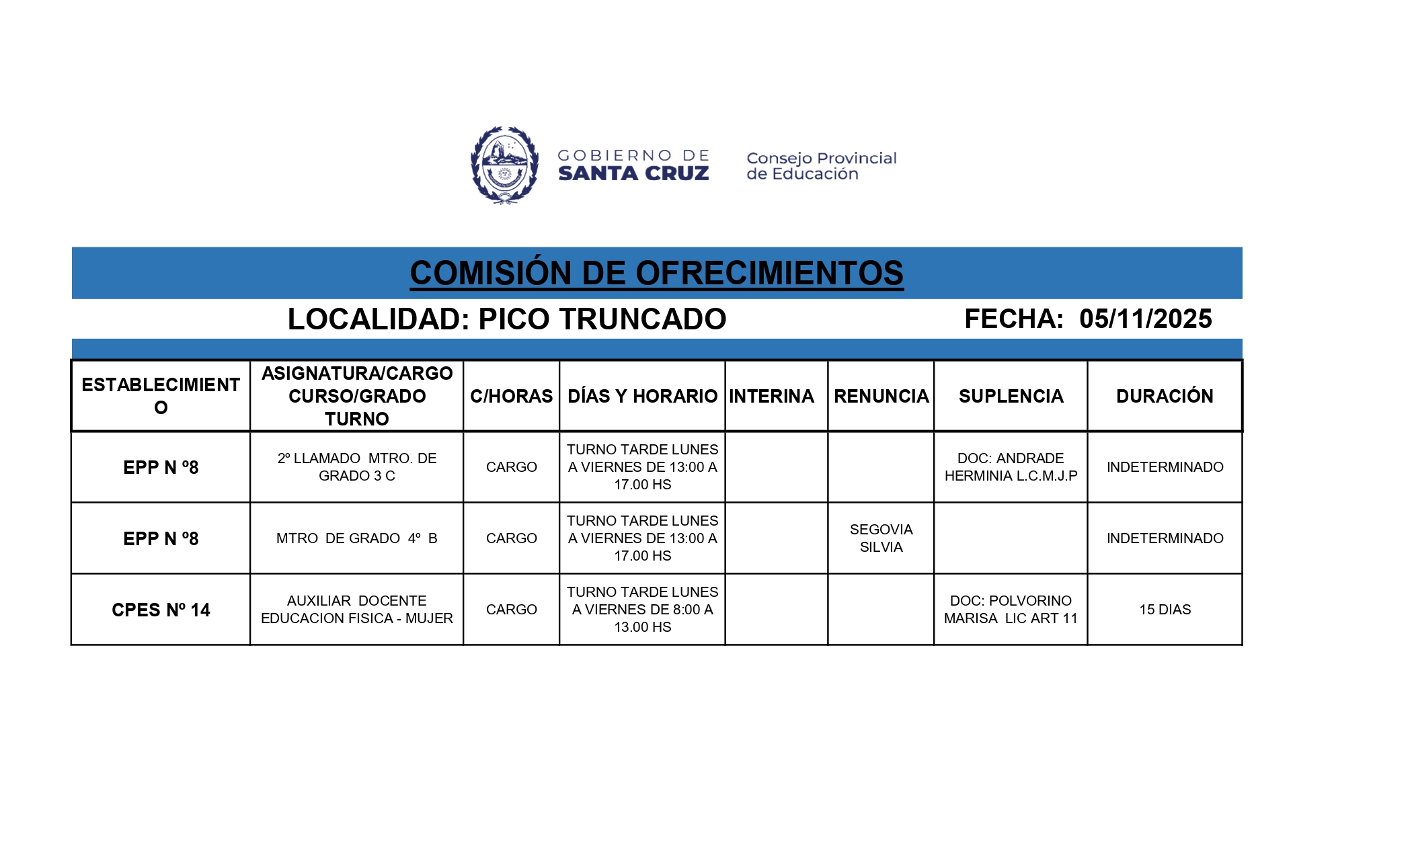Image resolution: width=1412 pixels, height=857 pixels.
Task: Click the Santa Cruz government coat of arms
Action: click(504, 165)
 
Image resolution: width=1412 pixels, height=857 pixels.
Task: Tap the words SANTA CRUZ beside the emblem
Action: click(633, 174)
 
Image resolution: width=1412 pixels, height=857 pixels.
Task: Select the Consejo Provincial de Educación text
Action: click(821, 166)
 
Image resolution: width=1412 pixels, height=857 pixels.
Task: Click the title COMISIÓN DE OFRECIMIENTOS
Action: click(656, 273)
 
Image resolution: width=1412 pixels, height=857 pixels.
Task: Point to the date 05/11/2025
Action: click(1145, 319)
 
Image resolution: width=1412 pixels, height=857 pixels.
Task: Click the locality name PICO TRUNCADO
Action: click(602, 319)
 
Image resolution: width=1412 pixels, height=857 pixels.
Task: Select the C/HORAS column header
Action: click(511, 396)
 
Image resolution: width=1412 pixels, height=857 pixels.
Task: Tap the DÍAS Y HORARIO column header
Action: click(642, 396)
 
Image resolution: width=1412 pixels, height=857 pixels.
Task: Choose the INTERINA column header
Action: click(771, 396)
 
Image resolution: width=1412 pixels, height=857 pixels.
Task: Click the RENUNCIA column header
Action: click(881, 396)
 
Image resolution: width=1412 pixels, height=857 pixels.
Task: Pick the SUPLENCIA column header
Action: click(1011, 396)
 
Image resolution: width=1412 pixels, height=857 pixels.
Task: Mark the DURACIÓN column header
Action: click(1165, 396)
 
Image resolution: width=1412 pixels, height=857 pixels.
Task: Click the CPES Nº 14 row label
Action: click(161, 610)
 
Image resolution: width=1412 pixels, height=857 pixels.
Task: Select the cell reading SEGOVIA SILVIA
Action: click(881, 538)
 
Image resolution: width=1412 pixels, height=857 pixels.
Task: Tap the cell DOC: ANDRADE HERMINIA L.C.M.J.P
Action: click(1011, 466)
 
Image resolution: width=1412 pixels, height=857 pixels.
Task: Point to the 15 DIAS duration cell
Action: click(1165, 610)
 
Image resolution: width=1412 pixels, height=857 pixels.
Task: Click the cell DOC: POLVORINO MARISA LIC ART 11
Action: click(1011, 610)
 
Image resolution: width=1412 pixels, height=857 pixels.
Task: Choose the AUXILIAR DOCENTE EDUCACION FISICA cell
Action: click(356, 610)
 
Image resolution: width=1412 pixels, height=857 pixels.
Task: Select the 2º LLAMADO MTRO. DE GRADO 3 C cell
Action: click(356, 466)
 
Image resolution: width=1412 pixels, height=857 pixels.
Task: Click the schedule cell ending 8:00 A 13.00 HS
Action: click(642, 610)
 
